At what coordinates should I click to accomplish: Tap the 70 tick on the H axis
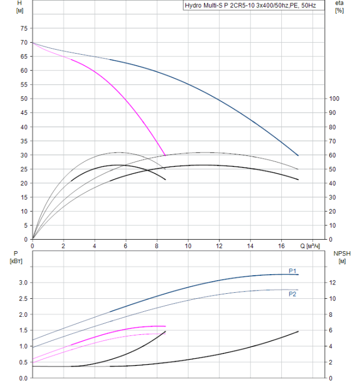23,42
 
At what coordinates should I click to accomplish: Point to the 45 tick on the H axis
23,113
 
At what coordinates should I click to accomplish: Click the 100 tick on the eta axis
334,98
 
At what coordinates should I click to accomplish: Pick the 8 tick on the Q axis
158,246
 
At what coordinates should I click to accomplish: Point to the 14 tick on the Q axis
251,246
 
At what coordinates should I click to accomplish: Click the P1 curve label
293,271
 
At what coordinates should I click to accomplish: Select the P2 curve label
293,294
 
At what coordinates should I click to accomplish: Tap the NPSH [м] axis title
340,257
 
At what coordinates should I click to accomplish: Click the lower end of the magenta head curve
165,155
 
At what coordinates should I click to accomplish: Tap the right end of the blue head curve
298,155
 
